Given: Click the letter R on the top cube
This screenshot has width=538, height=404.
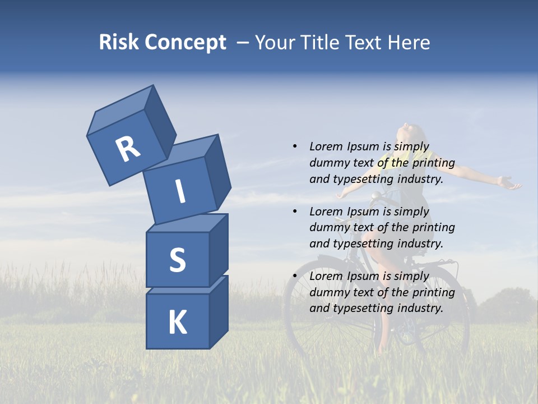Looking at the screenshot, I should pos(128,149).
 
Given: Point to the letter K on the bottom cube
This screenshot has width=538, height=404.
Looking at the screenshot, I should pos(177,323).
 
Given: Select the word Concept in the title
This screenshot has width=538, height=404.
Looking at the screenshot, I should pos(185,43).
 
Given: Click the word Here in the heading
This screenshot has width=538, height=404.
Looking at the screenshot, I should pos(410,42).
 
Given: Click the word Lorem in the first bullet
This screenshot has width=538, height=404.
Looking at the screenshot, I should pos(326,146).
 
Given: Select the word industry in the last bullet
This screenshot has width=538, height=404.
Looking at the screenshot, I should pos(420,308).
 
